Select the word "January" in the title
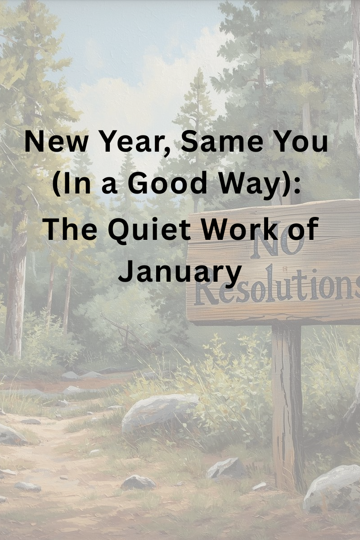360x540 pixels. tap(180, 273)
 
